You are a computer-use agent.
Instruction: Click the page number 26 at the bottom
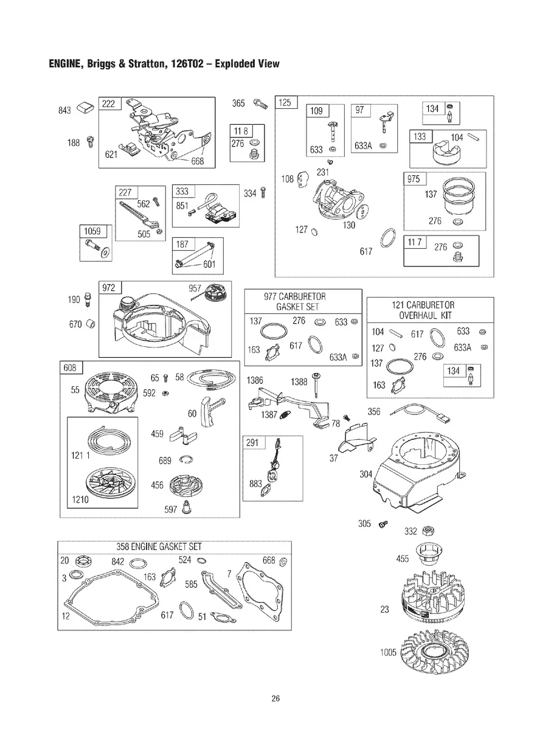pos(275,698)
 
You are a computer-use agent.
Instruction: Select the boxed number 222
pos(109,104)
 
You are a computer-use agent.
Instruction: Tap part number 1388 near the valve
pos(299,382)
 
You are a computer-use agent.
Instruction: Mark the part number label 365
pos(238,104)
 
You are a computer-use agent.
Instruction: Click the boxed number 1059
pos(92,231)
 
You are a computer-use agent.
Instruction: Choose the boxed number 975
pos(414,179)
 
